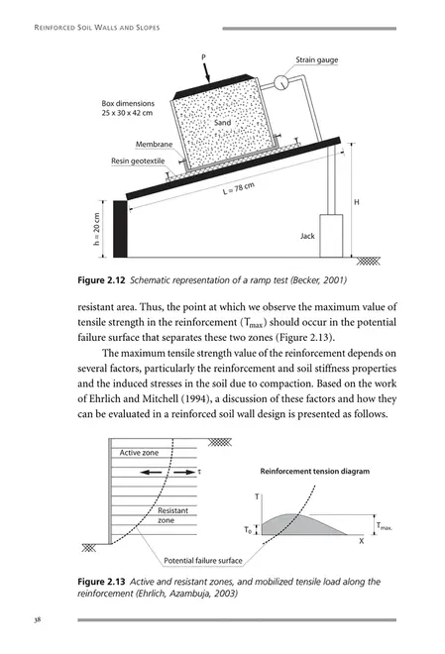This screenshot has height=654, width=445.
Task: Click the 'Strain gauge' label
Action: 317,60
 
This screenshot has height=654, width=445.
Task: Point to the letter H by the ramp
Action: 356,201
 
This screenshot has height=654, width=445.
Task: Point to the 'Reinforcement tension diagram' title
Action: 314,472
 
